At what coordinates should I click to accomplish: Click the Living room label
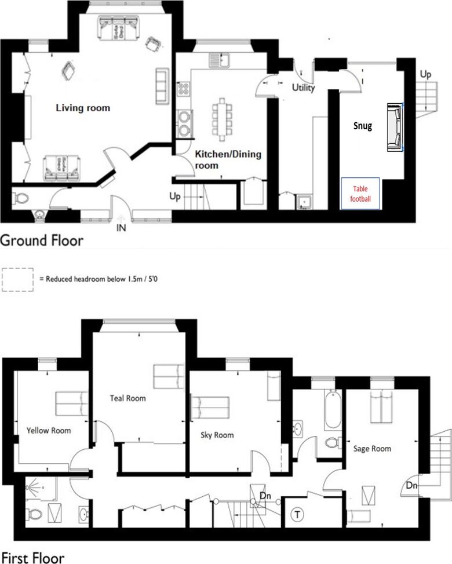pos(83,108)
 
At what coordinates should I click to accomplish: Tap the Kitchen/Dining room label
pos(228,160)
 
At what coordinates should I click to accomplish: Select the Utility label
pos(303,88)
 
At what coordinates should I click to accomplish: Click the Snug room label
pos(362,126)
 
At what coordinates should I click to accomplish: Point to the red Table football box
pos(360,194)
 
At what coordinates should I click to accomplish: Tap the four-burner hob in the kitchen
pos(183,89)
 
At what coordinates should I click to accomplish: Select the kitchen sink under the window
pos(220,60)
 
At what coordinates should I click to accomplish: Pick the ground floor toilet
pos(20,198)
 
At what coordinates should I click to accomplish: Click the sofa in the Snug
pos(395,128)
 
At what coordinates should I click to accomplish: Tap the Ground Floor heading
pos(42,241)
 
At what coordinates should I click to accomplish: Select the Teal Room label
pos(128,398)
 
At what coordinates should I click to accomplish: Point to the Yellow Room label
pos(49,431)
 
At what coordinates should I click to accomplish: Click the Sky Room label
pos(217,435)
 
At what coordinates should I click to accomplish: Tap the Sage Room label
pos(372,449)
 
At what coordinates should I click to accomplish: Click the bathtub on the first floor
pos(333,410)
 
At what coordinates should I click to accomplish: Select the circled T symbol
pos(297,514)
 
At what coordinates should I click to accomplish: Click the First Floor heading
pos(33,557)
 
